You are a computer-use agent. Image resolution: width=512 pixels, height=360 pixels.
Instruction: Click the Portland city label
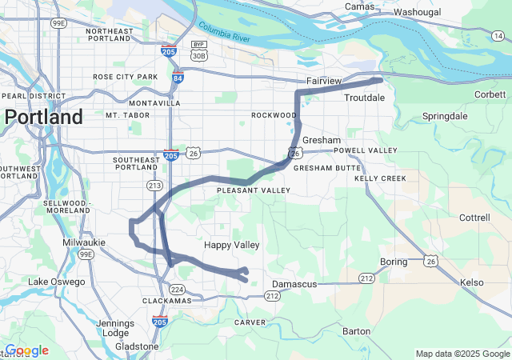43,117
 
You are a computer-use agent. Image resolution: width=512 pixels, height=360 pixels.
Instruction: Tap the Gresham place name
322,140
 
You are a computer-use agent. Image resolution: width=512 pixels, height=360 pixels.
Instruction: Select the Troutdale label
364,98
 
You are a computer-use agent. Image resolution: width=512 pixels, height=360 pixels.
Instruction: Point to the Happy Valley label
231,245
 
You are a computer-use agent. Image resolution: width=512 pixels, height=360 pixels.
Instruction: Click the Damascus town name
295,284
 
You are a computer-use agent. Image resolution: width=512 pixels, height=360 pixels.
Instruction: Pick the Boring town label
394,262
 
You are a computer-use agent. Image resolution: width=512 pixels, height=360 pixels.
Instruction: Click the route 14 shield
498,35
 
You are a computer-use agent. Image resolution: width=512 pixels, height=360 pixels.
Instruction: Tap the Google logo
26,350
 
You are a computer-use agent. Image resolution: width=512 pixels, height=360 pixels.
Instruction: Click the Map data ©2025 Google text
462,354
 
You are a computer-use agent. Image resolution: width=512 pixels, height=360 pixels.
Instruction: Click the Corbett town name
489,94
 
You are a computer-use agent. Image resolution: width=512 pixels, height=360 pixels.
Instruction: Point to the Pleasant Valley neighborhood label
254,190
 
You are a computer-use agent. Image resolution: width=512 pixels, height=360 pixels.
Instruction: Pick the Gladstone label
137,346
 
